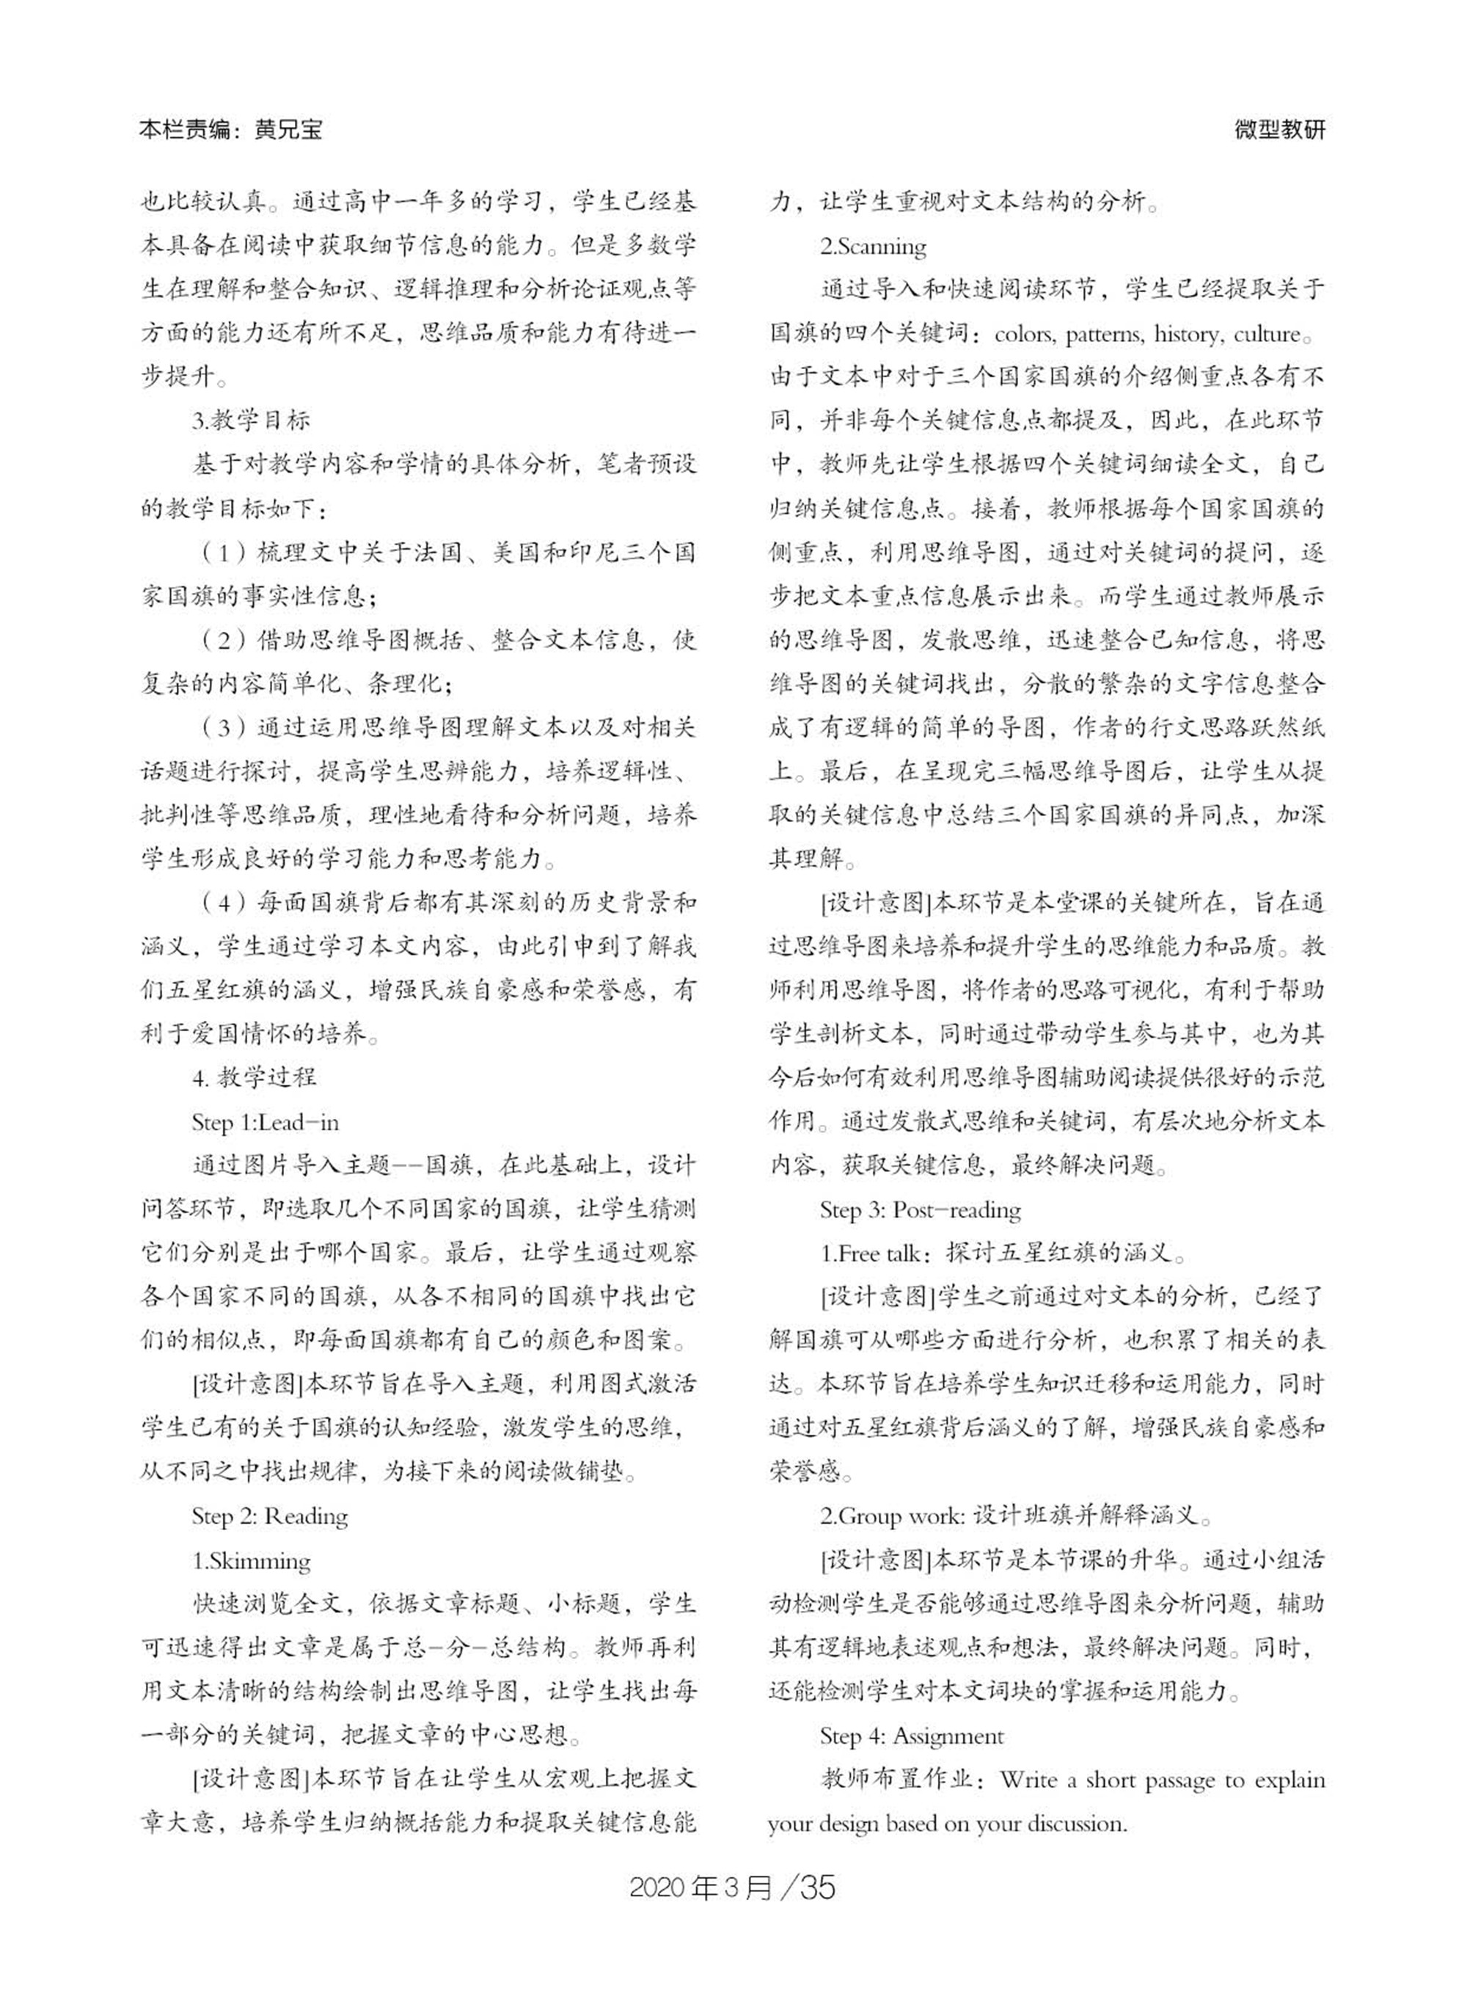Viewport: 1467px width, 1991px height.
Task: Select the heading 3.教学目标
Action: [252, 421]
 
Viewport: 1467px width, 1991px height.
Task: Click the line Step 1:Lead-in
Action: [265, 1122]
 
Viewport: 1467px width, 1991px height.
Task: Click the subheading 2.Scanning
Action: [873, 246]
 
